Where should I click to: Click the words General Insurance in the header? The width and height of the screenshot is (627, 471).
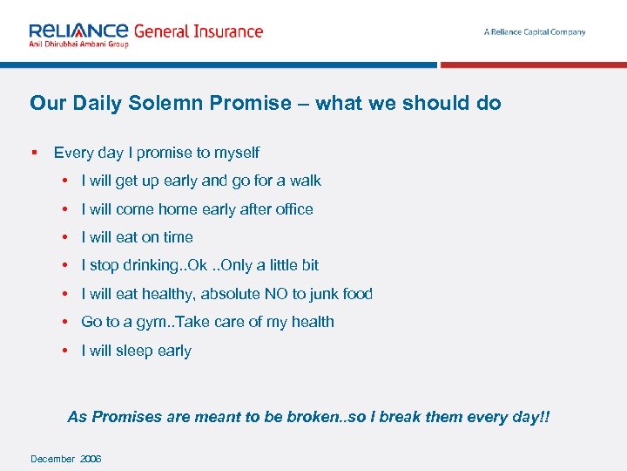(198, 31)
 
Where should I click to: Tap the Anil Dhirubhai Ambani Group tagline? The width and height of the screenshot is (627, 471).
(78, 44)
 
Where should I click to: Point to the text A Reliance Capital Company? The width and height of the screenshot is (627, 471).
(535, 32)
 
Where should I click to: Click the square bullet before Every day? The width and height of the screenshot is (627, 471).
(33, 153)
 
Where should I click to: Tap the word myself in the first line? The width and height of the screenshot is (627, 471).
(237, 154)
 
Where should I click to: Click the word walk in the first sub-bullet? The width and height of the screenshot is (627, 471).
(305, 181)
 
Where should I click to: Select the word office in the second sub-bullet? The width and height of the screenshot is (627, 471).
(293, 209)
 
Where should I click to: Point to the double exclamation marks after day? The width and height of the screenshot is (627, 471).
(545, 417)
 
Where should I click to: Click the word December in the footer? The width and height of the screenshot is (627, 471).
(52, 459)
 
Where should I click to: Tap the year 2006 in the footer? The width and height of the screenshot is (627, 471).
(91, 459)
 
